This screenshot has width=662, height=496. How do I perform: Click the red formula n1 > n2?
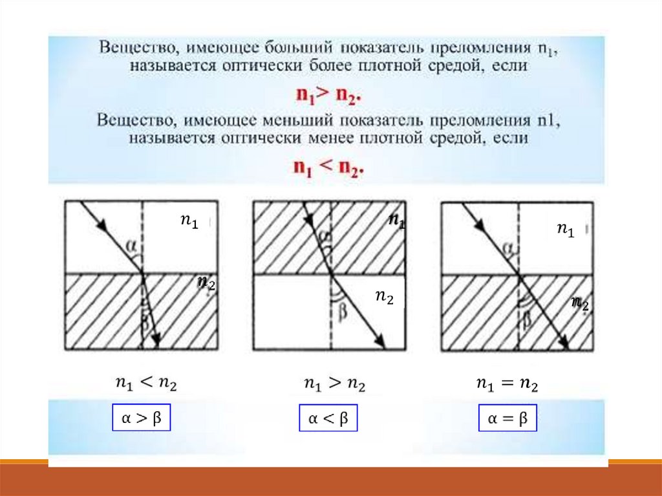pos(328,94)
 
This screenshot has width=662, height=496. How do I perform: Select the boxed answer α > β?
pos(141,420)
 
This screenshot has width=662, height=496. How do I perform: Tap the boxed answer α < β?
pos(328,420)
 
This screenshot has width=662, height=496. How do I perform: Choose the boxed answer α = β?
pos(507,420)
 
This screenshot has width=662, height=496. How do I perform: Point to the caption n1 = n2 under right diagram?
pos(507,384)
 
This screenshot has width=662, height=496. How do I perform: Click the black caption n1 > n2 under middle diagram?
pos(334,384)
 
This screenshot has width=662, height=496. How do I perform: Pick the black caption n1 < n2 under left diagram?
pos(145,383)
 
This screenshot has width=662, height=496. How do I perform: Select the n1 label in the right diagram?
pos(565,230)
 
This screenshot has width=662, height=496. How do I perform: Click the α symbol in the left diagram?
pos(132,245)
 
